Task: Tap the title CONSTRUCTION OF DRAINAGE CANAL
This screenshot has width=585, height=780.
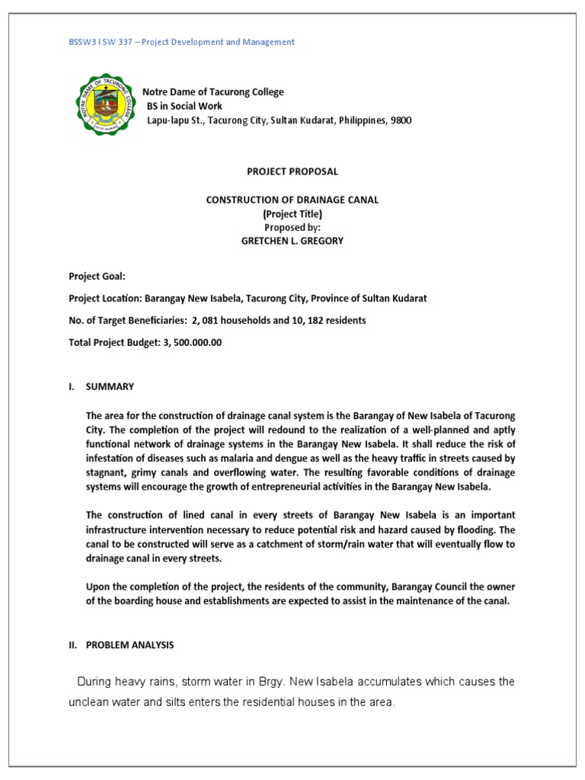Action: click(292, 200)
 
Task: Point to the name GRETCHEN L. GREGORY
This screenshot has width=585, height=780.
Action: click(292, 240)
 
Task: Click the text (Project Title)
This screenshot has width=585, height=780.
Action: click(292, 213)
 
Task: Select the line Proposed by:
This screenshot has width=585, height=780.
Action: click(292, 227)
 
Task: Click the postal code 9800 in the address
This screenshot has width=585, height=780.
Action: click(401, 120)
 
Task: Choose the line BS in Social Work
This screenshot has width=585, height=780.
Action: click(184, 107)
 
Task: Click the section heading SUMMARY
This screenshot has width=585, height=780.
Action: click(110, 387)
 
